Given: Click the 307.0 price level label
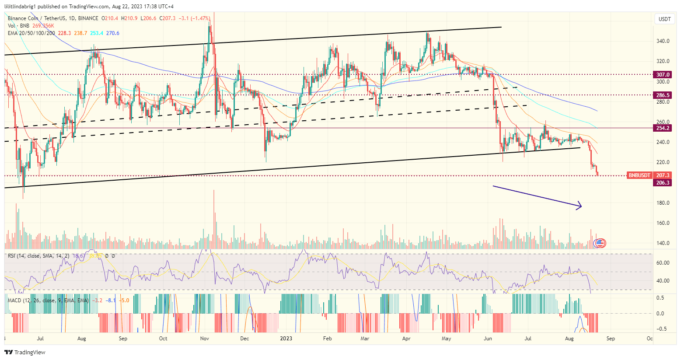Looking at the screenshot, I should (663, 75).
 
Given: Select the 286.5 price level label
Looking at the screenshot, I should (663, 95).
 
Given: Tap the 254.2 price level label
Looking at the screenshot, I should (663, 128).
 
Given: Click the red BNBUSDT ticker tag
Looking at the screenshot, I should (639, 175).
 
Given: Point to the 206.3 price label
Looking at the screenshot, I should (663, 182).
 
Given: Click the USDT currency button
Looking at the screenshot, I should (664, 19).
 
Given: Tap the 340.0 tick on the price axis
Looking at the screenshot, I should (663, 41).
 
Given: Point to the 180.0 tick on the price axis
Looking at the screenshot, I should (663, 203).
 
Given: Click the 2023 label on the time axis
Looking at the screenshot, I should (286, 339).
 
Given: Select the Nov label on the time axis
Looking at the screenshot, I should (204, 339).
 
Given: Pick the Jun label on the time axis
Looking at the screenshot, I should (488, 339).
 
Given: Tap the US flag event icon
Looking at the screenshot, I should (600, 243).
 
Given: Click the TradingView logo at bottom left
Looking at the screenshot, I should (25, 352).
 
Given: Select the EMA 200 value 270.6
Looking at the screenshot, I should (112, 33).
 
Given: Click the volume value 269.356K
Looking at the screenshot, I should (43, 26).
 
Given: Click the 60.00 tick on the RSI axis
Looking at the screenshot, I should (663, 263).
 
